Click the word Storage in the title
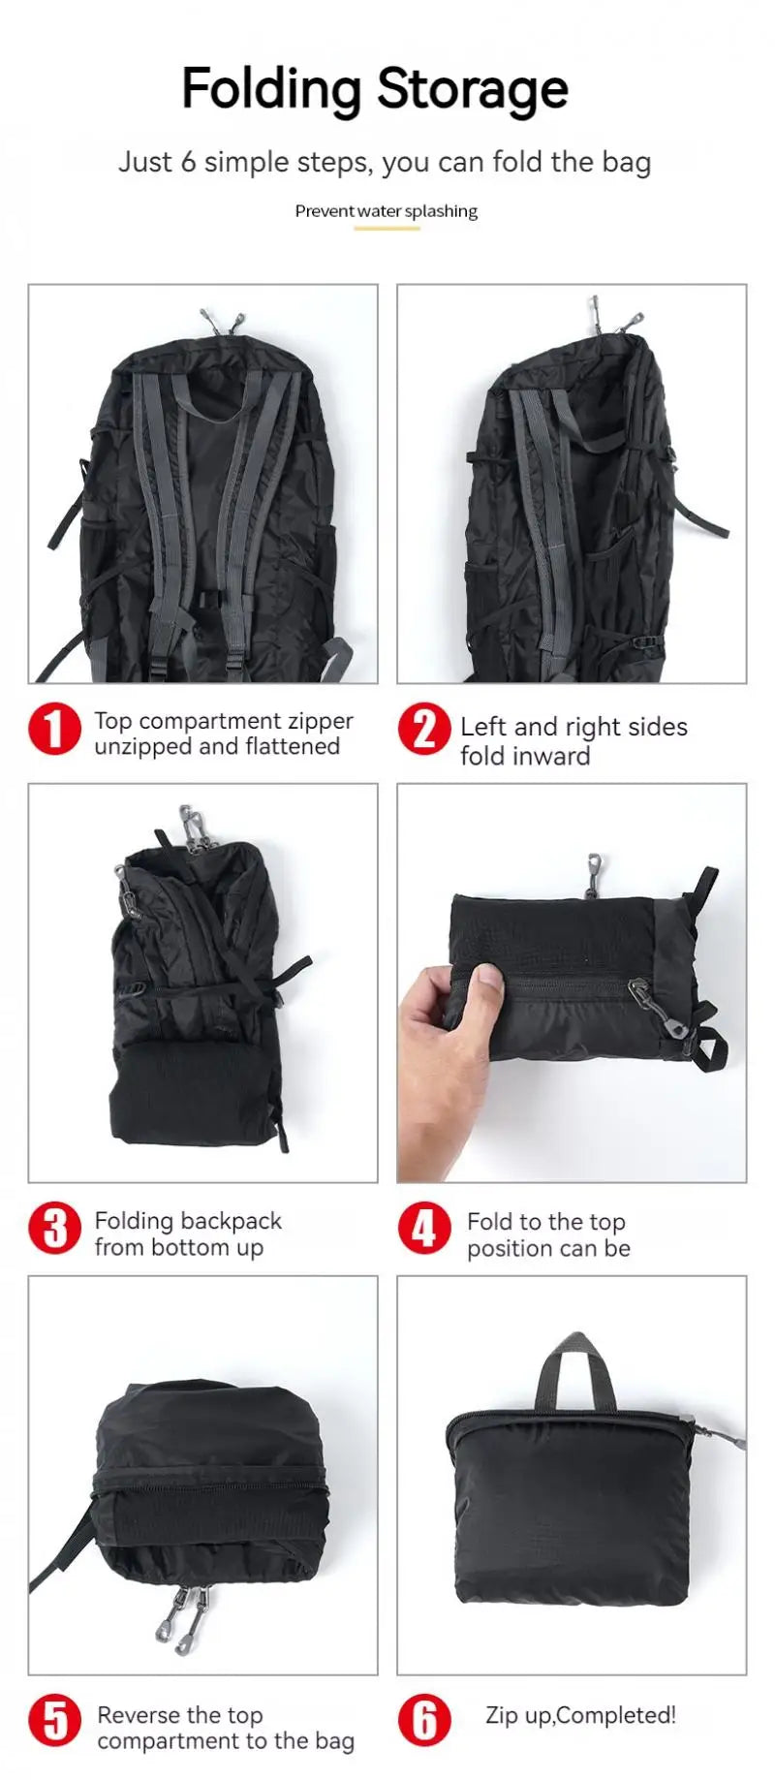pyautogui.click(x=472, y=90)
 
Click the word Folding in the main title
pyautogui.click(x=271, y=90)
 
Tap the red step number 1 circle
pyautogui.click(x=54, y=729)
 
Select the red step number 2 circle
pyautogui.click(x=423, y=729)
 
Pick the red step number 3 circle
pyautogui.click(x=54, y=1229)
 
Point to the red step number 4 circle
pyautogui.click(x=423, y=1229)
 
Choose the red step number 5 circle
pyautogui.click(x=54, y=1721)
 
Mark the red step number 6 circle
pyautogui.click(x=423, y=1721)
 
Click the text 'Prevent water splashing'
pyautogui.click(x=386, y=210)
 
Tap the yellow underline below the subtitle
pyautogui.click(x=386, y=229)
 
